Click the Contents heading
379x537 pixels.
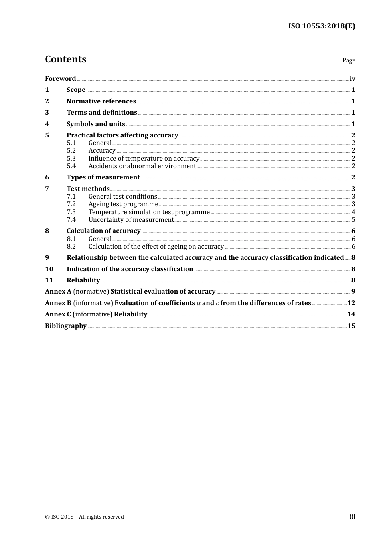(x=65, y=59)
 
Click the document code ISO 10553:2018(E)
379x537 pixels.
(x=322, y=26)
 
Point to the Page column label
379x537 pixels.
(x=349, y=60)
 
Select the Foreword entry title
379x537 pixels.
(x=60, y=79)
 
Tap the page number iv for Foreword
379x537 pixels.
(x=352, y=79)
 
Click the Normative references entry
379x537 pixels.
(x=101, y=101)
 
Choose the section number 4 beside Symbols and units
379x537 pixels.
(x=47, y=124)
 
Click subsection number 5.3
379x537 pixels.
(x=71, y=159)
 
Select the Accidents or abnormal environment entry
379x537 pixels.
(x=142, y=166)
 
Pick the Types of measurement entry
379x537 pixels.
(x=103, y=177)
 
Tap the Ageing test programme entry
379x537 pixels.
(x=123, y=204)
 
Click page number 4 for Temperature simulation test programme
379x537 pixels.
(x=353, y=212)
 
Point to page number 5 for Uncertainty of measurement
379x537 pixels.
(x=353, y=220)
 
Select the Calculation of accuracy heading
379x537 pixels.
(x=103, y=231)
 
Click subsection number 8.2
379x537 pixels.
(x=71, y=247)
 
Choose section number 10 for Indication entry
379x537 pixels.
(x=49, y=269)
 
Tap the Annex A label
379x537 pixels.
(x=58, y=292)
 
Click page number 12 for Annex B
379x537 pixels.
(x=351, y=303)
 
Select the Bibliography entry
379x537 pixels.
(x=66, y=326)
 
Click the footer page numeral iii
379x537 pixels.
(x=352, y=517)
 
